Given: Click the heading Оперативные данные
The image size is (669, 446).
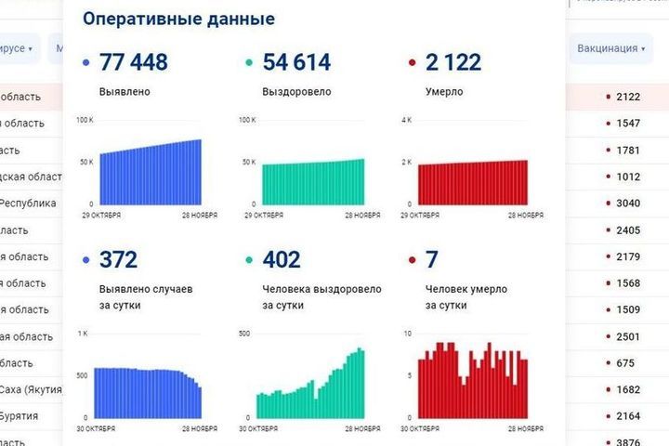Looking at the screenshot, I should (x=178, y=19).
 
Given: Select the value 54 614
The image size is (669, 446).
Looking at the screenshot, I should (x=296, y=62).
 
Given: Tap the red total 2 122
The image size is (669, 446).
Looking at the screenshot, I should (x=453, y=62).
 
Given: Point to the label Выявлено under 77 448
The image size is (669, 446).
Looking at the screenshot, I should (x=125, y=92).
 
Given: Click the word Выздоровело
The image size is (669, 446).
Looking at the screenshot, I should (x=296, y=92).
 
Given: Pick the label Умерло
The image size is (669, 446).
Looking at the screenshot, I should (x=444, y=92).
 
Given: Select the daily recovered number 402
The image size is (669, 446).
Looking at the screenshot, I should (x=282, y=260).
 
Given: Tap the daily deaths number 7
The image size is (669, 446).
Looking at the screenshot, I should (x=431, y=260).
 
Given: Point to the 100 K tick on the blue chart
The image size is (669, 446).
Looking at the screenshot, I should (x=85, y=121).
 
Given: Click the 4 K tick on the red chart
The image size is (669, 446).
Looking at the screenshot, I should (x=405, y=121).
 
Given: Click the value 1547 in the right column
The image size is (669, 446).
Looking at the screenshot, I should (x=629, y=123).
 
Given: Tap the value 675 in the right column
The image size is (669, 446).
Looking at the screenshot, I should (x=626, y=363).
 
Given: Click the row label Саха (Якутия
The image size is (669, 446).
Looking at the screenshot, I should (x=31, y=389).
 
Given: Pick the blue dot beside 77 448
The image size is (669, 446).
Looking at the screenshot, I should (x=86, y=63).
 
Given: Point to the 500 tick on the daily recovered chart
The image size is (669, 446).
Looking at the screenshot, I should (x=246, y=333).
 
